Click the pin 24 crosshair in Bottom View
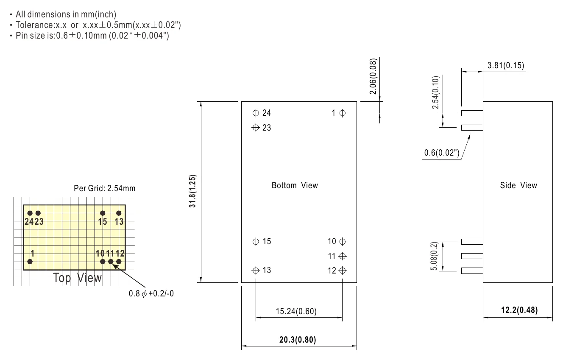coord(255,113)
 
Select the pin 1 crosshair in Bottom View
coord(342,113)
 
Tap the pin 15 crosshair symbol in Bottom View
coord(255,242)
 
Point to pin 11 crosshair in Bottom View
coord(342,256)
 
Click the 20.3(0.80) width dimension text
coord(298,340)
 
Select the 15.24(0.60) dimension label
coord(296,311)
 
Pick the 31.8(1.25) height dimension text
coord(192,191)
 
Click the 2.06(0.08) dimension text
coord(373,76)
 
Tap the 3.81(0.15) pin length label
coord(506,65)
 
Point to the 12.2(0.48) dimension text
coord(519,310)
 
